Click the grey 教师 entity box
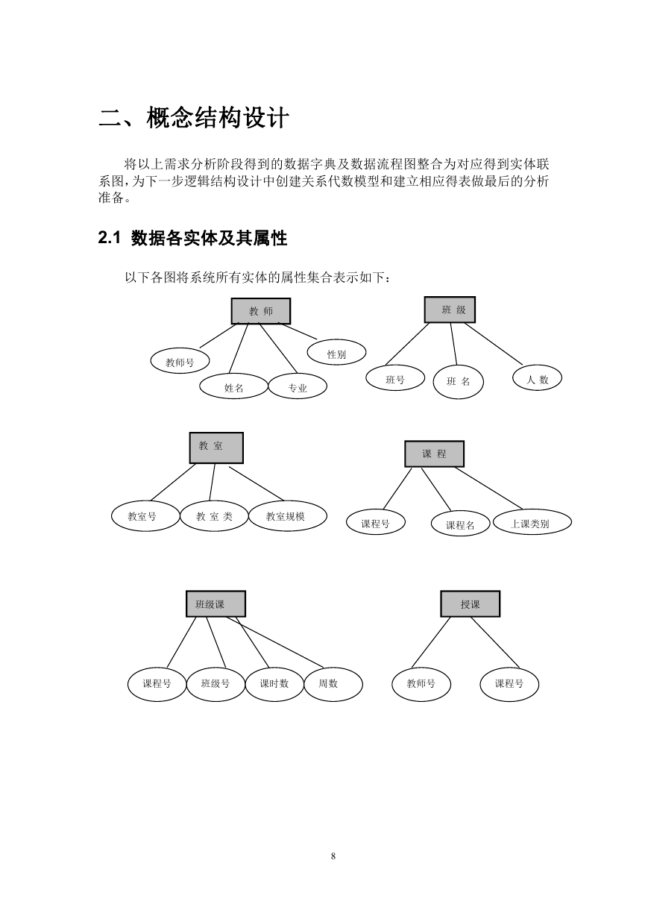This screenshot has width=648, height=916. click(x=261, y=311)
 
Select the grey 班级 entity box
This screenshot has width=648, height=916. click(x=450, y=310)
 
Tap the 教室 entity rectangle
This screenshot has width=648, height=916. click(x=216, y=448)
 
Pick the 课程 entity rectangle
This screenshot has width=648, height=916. click(x=434, y=454)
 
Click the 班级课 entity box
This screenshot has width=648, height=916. click(x=216, y=603)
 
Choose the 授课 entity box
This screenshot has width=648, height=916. click(x=471, y=603)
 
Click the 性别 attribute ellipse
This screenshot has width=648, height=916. click(x=336, y=351)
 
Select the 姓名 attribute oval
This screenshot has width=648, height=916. click(x=234, y=386)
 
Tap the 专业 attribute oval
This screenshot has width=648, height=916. click(x=298, y=386)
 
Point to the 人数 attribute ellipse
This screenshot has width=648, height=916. click(x=537, y=377)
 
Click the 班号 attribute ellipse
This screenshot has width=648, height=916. click(x=395, y=377)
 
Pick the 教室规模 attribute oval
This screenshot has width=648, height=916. click(x=288, y=515)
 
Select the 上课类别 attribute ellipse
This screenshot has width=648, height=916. click(x=532, y=522)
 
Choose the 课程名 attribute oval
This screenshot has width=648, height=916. click(x=460, y=524)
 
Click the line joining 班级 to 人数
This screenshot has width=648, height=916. click(x=494, y=343)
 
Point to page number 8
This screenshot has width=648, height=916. click(x=333, y=856)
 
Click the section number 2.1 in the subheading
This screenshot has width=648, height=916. click(x=109, y=238)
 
